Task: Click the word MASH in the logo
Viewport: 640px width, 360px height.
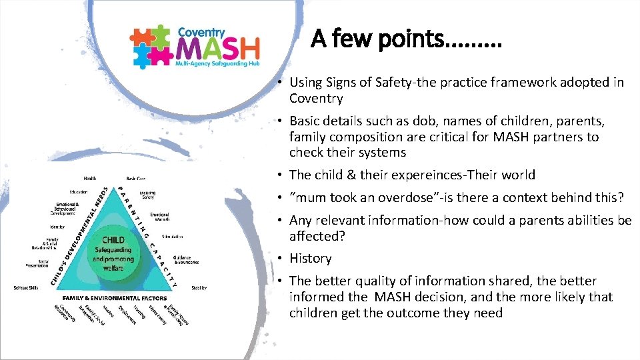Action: click(x=218, y=49)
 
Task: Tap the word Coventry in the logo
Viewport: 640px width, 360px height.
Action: click(x=202, y=31)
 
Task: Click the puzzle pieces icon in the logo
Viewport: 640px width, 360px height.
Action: click(x=151, y=47)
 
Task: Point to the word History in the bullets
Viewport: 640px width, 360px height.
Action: click(x=310, y=259)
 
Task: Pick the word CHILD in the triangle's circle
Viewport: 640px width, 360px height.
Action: click(x=113, y=240)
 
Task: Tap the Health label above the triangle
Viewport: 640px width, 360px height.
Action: click(x=89, y=179)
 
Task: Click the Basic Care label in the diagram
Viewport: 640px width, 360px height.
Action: click(x=136, y=179)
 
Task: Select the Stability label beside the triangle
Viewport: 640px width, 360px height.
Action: click(x=199, y=288)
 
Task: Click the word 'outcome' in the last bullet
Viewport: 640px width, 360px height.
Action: click(x=421, y=313)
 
